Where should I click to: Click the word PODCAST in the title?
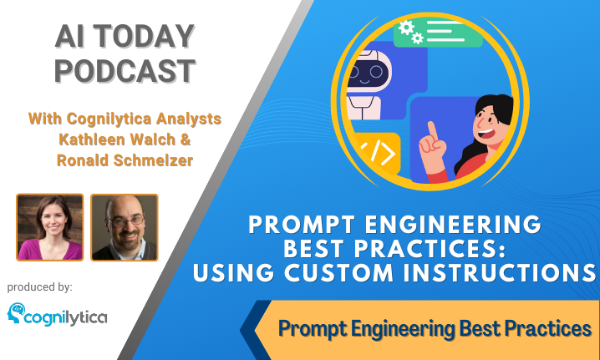pos(125,71)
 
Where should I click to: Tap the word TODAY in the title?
pos(144,37)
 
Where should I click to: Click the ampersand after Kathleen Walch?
pos(186,139)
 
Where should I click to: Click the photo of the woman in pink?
pos(50,227)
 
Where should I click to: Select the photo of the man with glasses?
pos(125,227)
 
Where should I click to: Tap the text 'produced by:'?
pos(40,287)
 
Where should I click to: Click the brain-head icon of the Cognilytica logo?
pos(16,313)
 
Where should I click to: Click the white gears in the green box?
pos(411,32)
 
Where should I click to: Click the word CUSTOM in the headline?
pos(338,273)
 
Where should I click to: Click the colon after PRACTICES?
pos(502,251)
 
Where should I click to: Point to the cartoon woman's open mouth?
pos(486,134)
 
